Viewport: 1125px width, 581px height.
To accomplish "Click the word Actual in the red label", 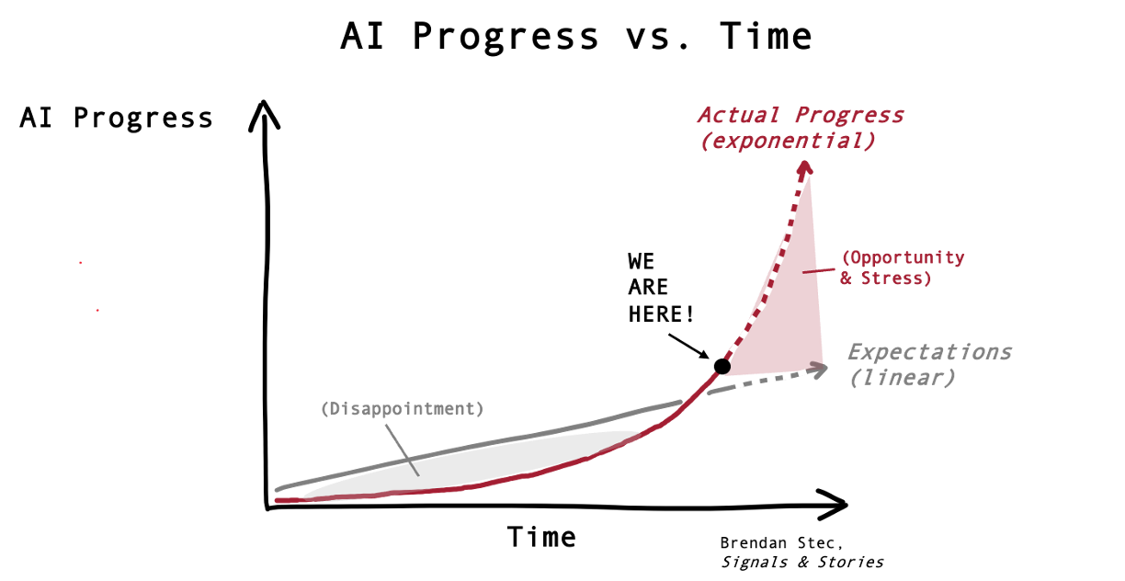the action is pos(740,115).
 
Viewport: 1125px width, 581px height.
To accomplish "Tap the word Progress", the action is pos(850,115).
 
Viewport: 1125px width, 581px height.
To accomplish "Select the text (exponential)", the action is pos(787,142).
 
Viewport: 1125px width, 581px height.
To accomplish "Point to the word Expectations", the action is pos(929,352).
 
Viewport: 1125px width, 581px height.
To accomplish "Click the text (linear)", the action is pos(902,378).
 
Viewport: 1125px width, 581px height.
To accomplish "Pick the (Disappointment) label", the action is pos(402,409).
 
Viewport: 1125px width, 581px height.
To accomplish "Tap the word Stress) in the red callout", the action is pos(896,278).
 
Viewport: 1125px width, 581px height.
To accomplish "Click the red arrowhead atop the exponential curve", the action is pos(805,166).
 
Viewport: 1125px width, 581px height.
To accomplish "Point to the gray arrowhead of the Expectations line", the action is pos(820,368).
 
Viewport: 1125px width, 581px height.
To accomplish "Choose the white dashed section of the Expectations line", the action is pos(777,377).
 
